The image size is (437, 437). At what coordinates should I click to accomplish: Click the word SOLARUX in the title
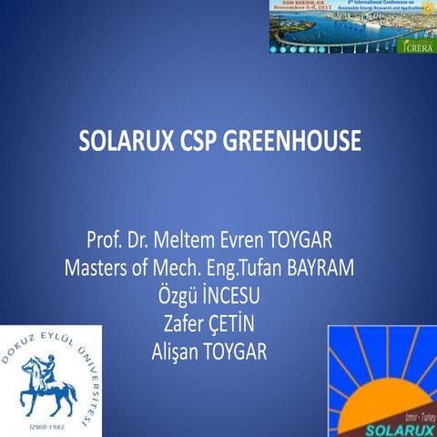(125, 143)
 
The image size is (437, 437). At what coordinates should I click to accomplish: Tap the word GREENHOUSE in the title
(293, 143)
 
